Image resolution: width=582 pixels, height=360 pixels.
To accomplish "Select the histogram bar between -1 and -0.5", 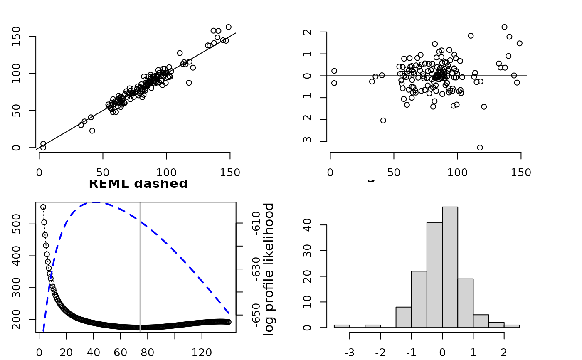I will [x=419, y=299].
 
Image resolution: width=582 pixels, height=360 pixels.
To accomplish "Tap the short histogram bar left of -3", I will [x=342, y=326].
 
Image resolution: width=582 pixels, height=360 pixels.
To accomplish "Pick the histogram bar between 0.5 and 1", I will [x=465, y=303].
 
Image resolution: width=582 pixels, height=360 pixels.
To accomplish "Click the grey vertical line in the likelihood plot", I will [x=140, y=266].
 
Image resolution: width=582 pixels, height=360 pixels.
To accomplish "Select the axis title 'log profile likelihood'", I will [x=269, y=269].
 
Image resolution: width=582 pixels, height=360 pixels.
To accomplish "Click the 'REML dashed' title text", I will [x=138, y=184].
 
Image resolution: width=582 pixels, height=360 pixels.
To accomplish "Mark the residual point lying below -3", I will [x=480, y=148].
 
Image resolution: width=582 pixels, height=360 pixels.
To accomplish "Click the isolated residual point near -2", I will [x=383, y=121].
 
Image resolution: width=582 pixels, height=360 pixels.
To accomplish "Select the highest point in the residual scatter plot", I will [x=504, y=27].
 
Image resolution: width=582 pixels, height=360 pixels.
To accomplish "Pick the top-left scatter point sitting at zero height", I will [x=43, y=148].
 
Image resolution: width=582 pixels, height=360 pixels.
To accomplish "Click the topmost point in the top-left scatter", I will [x=228, y=27].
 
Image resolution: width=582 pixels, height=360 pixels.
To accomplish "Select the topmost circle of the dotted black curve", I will [x=43, y=207].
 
